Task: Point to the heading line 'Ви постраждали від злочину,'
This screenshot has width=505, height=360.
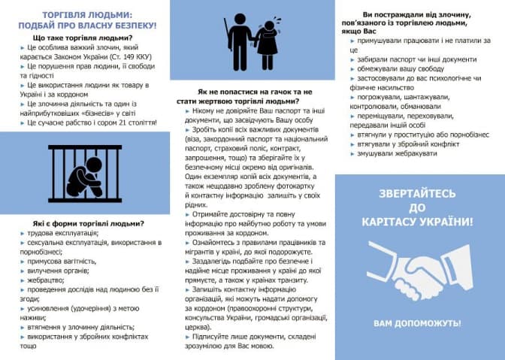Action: coord(417,14)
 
